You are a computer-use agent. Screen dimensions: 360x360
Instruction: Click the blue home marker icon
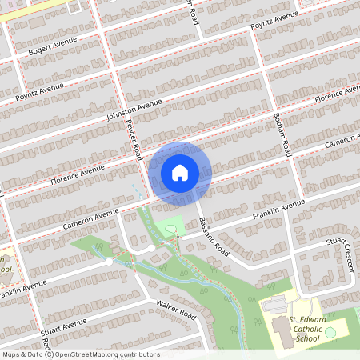coord(180,172)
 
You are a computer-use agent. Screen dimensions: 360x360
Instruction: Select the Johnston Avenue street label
coord(134,110)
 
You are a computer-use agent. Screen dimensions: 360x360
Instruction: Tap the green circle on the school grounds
coord(330,332)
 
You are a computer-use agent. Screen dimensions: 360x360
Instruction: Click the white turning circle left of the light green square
coord(150,249)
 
